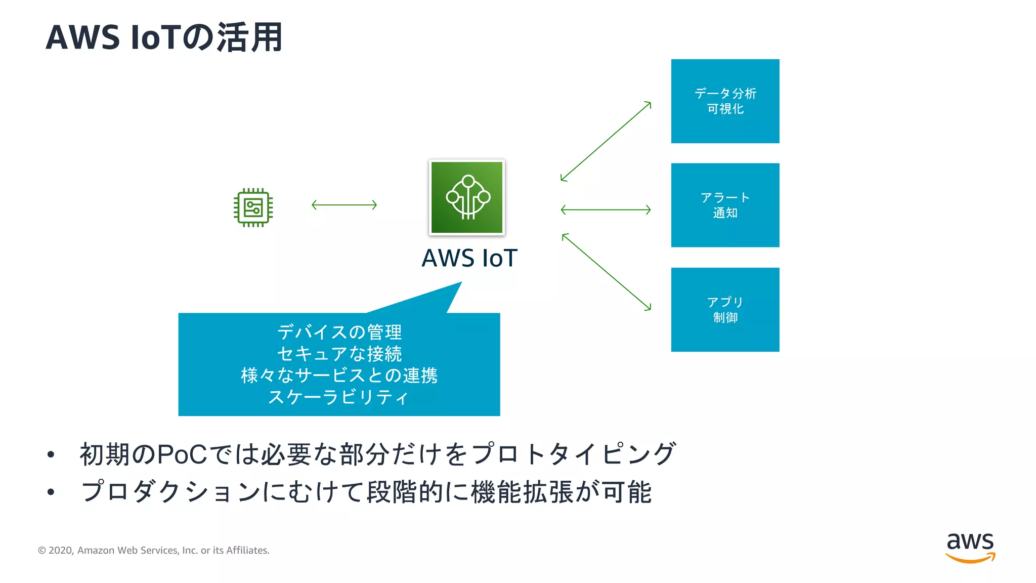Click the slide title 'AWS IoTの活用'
click(164, 37)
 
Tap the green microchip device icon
click(253, 207)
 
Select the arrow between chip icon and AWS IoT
click(344, 205)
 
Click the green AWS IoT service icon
click(467, 197)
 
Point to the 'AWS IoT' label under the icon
click(469, 258)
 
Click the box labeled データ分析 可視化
click(725, 101)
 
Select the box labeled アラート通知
click(725, 205)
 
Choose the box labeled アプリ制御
click(725, 309)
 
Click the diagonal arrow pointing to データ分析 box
click(606, 141)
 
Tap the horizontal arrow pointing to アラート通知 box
click(606, 210)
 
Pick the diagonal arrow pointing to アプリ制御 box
click(606, 272)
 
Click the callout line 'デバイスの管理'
click(339, 332)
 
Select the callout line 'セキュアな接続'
click(339, 354)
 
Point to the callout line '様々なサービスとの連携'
click(339, 376)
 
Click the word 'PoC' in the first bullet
click(182, 454)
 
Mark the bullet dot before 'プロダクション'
click(51, 492)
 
